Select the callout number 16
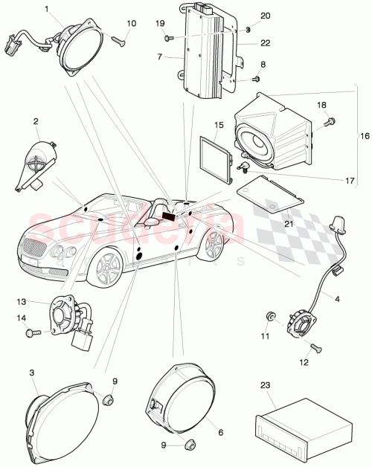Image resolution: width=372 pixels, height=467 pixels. [x=363, y=137]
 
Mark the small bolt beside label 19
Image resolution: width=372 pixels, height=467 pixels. [x=169, y=37]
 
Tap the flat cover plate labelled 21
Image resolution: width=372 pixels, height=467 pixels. [x=272, y=193]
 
